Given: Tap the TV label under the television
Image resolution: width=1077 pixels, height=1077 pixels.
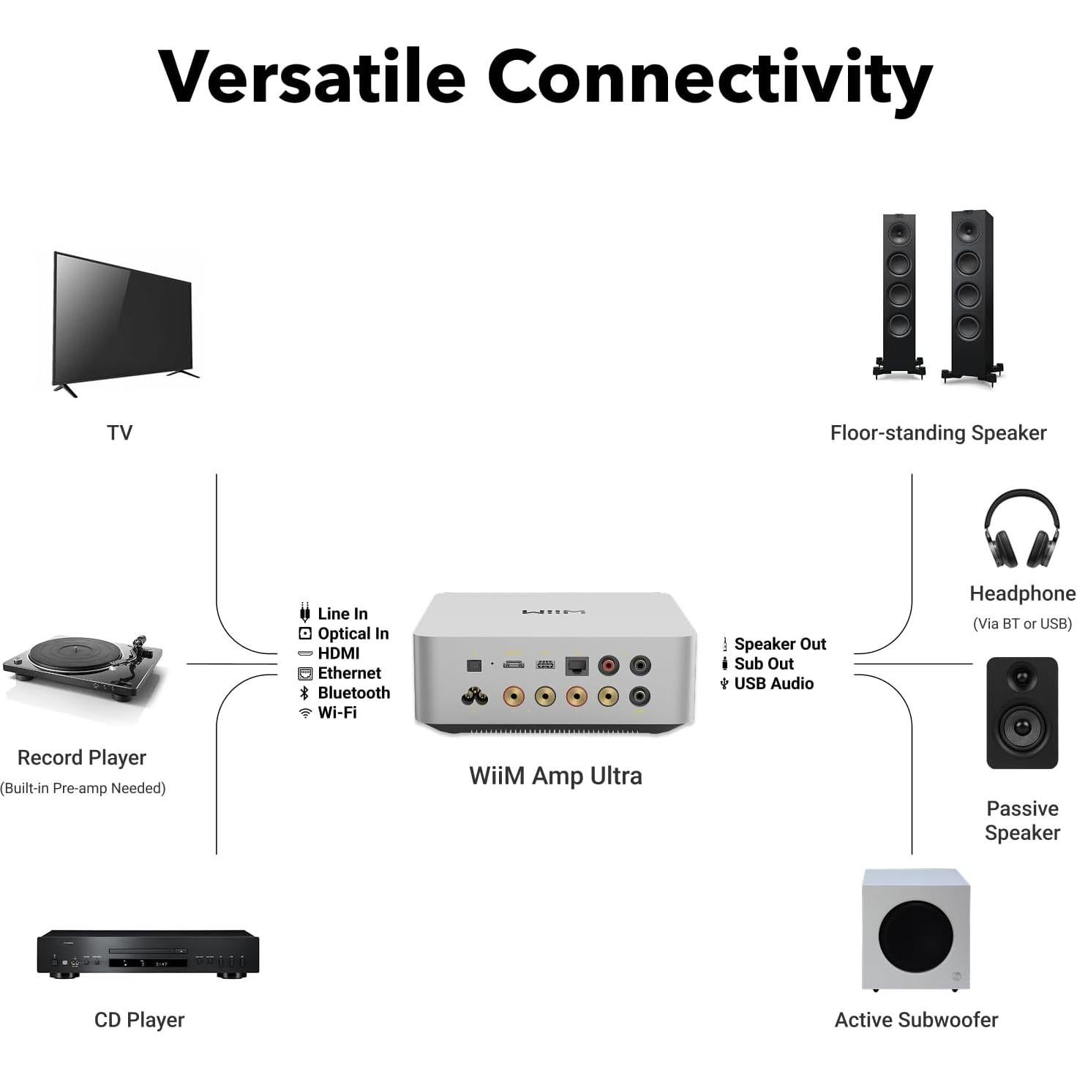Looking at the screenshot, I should point(119,432).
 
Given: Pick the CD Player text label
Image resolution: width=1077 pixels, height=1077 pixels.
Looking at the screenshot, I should point(139,1020).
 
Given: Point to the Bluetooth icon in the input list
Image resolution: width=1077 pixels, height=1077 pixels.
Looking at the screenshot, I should point(305,693).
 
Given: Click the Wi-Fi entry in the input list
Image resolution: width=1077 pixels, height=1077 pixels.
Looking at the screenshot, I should point(337,713).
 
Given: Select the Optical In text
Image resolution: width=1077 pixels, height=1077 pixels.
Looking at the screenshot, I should point(353,634).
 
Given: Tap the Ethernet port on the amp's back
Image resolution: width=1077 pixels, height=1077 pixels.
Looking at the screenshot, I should point(577,667).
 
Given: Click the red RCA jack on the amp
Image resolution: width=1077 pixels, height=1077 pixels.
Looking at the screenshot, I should point(608,665).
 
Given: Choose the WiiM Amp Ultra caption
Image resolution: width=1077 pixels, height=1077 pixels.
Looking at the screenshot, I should point(555,776).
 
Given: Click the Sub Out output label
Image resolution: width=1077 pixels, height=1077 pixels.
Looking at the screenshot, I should point(763,664).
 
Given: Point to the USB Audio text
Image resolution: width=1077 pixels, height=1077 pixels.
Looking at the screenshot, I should point(773,683).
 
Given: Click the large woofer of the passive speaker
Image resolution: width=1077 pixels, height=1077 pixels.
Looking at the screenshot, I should point(1022,727).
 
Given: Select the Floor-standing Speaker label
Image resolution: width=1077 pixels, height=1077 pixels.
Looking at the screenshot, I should point(938,433).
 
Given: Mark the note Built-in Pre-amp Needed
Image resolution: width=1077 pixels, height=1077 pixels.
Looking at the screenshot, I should point(83,788).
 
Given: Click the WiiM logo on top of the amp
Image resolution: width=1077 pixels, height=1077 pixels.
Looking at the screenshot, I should point(553,612).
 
